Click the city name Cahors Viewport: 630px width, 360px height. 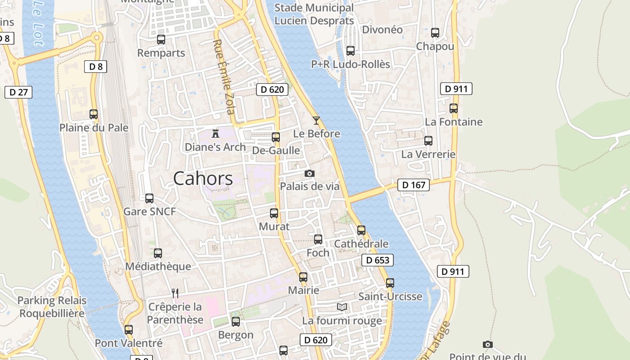point(203,179)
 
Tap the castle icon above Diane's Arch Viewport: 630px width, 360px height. point(216,133)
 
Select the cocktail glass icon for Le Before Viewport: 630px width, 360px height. point(316,120)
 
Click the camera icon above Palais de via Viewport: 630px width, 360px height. point(310,173)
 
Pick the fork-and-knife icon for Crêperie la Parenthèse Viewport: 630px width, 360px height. point(175,293)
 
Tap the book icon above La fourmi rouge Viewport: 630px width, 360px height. point(342,307)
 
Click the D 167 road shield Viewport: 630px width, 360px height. point(413,184)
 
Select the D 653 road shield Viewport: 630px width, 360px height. point(378,260)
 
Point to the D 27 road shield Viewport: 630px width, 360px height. point(18,92)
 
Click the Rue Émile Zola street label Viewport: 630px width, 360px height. point(224,77)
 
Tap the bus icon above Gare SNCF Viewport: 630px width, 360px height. point(149,198)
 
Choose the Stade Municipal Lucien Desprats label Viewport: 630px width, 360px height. point(314,14)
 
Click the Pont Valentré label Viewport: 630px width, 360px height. point(128,343)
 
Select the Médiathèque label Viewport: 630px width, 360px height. point(158,266)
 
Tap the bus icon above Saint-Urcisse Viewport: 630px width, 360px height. point(390,283)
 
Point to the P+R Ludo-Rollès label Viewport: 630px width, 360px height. point(351,64)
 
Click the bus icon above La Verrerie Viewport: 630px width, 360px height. point(428,141)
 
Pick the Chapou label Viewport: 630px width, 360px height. point(435,46)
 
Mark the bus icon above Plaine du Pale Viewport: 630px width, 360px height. point(94,114)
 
